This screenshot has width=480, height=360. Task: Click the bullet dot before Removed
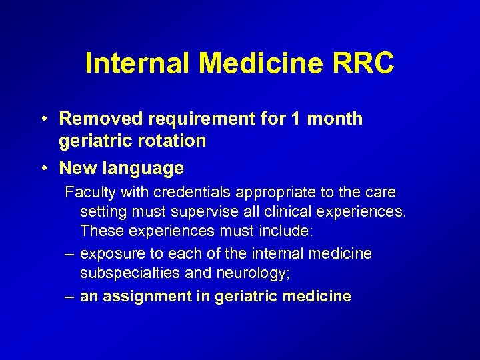click(43, 119)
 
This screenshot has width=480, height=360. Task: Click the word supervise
click(194, 213)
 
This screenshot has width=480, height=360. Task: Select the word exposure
click(109, 254)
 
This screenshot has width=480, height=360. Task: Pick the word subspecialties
click(123, 274)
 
